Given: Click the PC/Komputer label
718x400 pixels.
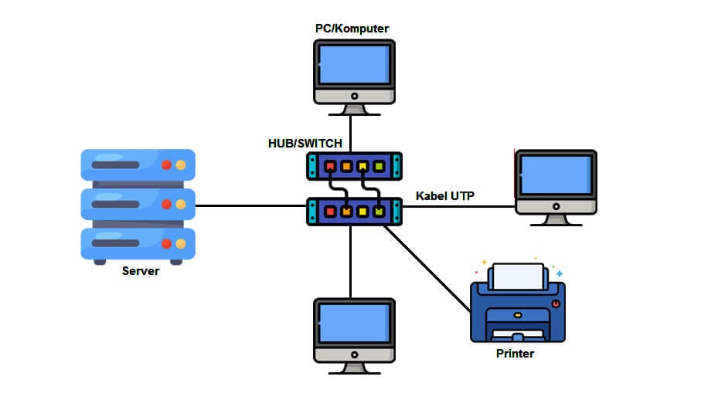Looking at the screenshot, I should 352,29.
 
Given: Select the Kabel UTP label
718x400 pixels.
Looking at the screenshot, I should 445,195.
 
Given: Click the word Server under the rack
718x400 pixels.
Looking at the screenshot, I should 140,271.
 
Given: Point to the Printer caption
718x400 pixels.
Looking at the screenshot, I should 515,354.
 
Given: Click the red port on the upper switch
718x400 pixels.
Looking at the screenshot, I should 330,166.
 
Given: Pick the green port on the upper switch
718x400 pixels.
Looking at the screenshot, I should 379,166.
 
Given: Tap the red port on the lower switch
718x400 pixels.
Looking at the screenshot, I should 330,211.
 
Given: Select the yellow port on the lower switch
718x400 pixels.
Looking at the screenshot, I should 362,211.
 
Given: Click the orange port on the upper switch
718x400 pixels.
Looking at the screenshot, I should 346,166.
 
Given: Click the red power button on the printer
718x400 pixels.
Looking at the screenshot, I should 556,303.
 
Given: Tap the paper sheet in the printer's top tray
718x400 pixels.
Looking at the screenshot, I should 518,276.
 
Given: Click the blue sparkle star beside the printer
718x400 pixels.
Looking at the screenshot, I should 560,273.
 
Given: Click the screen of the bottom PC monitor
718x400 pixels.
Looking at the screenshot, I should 351,322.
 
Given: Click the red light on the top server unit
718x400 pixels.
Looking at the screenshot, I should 166,164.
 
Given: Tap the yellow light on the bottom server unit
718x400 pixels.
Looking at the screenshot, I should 180,243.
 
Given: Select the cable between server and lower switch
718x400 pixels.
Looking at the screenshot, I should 251,206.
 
